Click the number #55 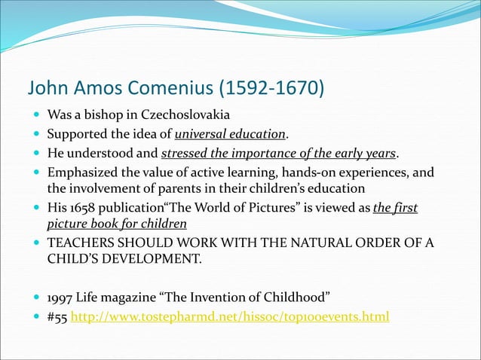(57, 316)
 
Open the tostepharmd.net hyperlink (230, 316)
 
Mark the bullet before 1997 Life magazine (36, 297)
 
